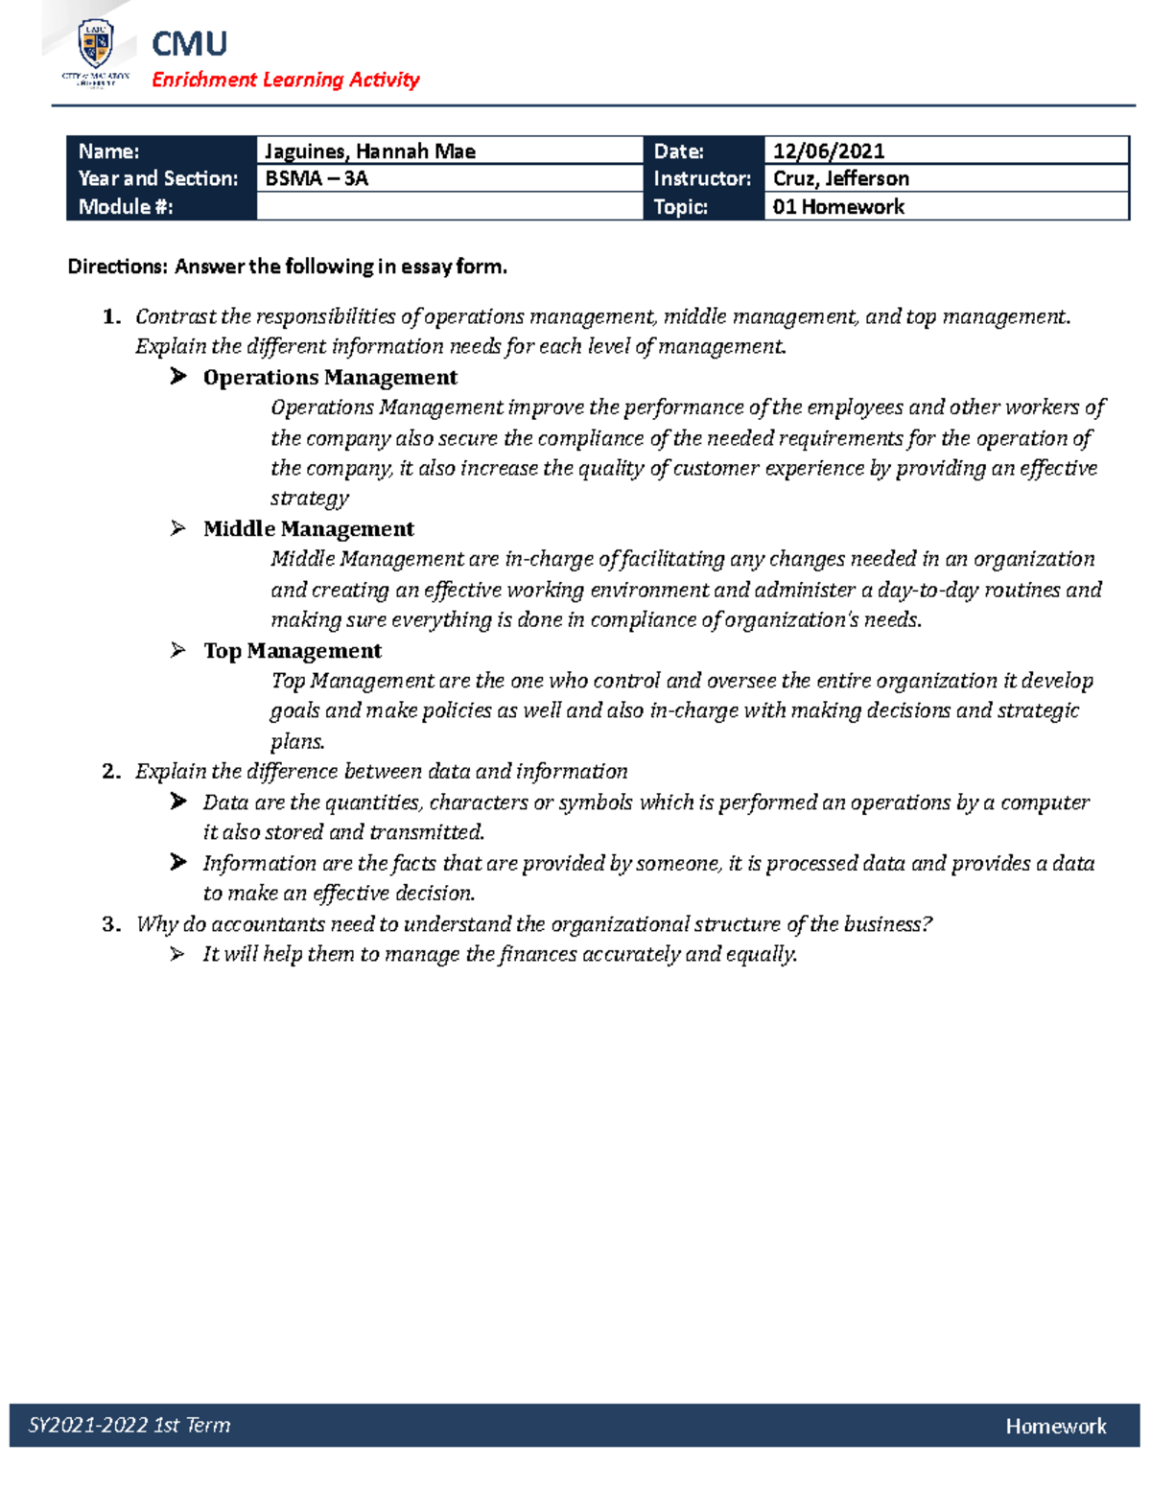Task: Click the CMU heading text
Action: click(x=189, y=44)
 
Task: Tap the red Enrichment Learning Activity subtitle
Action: click(x=285, y=80)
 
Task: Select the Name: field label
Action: click(x=108, y=151)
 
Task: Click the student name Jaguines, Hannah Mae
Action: click(x=369, y=151)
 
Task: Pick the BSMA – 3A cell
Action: click(x=317, y=178)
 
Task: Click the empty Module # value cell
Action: click(x=449, y=206)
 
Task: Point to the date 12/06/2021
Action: click(x=829, y=151)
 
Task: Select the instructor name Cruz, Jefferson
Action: click(x=840, y=178)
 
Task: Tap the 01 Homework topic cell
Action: click(x=838, y=206)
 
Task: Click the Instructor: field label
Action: click(x=702, y=178)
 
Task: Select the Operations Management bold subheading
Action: click(x=330, y=378)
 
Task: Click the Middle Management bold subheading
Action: click(x=308, y=529)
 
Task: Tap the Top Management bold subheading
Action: click(x=292, y=651)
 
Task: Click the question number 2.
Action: click(x=110, y=772)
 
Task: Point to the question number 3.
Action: click(x=110, y=924)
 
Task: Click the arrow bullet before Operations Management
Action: click(x=178, y=377)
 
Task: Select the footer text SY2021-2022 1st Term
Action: click(x=129, y=1425)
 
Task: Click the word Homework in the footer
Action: click(x=1055, y=1426)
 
